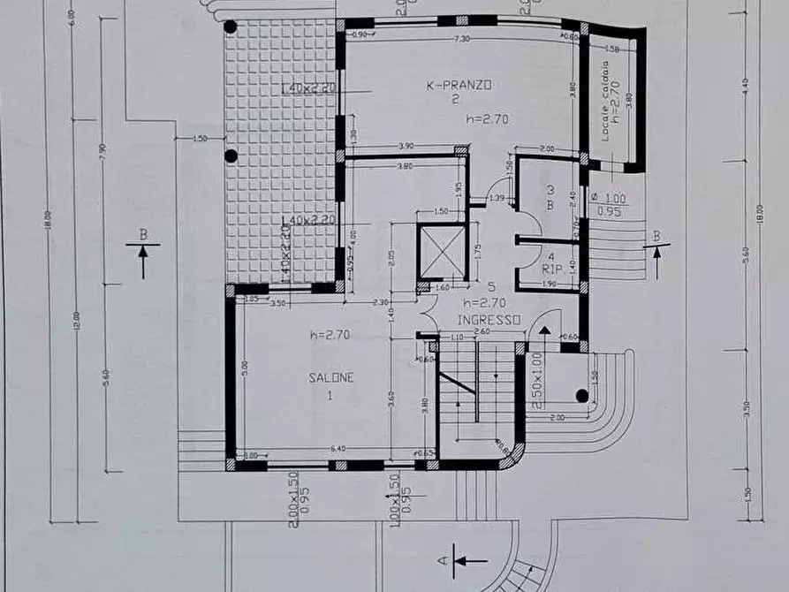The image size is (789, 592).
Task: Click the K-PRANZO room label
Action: tap(459, 85)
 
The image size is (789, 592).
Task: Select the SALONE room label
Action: tap(330, 377)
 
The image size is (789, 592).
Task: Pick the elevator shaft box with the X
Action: tap(439, 251)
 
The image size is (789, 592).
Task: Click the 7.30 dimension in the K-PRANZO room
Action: tap(461, 39)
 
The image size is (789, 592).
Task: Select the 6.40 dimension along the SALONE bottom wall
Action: tap(338, 450)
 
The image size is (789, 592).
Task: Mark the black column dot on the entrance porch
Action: tap(581, 395)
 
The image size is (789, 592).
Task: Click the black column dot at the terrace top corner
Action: tap(231, 27)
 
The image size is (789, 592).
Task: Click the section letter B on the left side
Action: tap(141, 235)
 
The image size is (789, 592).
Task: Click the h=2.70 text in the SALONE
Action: tap(330, 335)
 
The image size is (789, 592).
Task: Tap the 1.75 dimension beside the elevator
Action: tap(477, 251)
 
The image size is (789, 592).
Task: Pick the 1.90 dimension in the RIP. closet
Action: tap(548, 284)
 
